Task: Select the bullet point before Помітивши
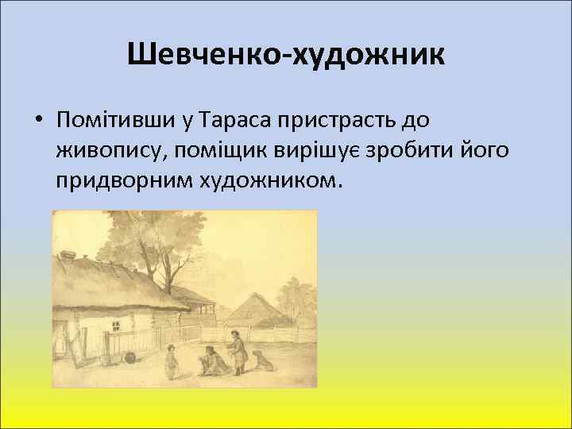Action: pos(38,121)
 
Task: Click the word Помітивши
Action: pos(112,120)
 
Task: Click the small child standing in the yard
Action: pos(170,361)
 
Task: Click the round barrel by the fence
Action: pos(129,357)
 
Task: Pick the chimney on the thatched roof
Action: pos(66,256)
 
